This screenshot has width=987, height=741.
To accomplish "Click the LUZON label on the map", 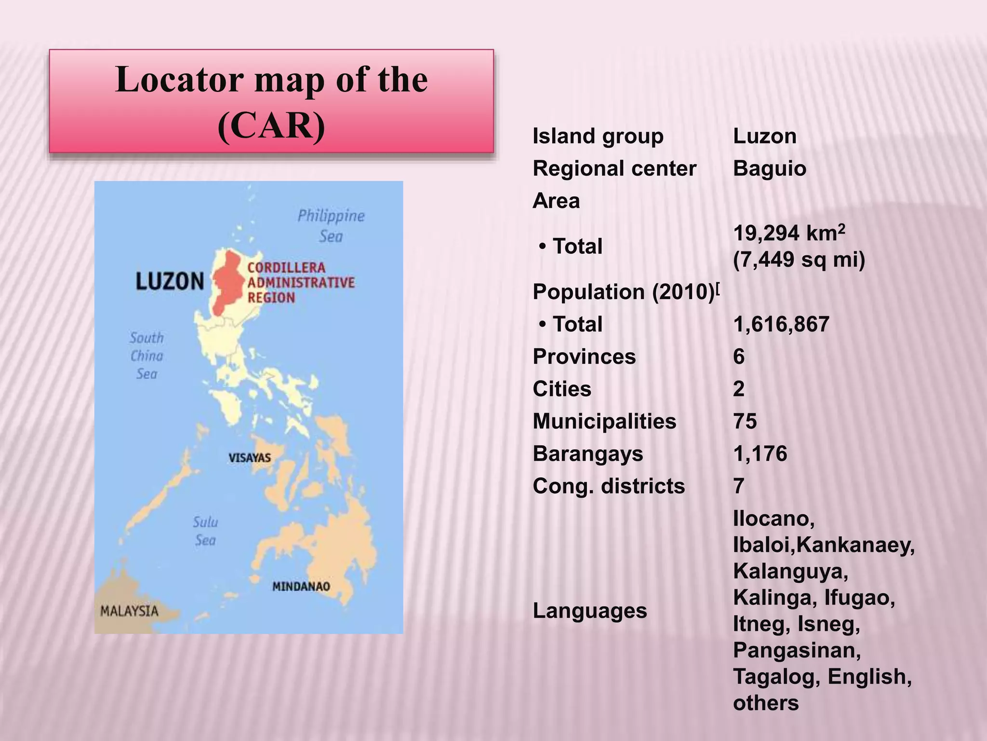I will (x=170, y=281).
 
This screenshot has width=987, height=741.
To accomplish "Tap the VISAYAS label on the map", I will (x=250, y=458).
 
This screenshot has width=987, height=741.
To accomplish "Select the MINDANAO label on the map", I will (x=301, y=587).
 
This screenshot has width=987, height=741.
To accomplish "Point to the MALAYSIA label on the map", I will (x=129, y=611).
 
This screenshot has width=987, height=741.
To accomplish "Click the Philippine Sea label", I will (x=331, y=226).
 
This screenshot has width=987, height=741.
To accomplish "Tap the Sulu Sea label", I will (x=205, y=531).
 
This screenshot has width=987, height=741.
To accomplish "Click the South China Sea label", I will (x=147, y=356).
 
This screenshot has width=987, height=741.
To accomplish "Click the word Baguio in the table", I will (x=769, y=169).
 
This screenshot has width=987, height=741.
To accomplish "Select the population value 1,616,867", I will (x=781, y=324).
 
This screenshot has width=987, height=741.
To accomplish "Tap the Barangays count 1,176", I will (x=760, y=454).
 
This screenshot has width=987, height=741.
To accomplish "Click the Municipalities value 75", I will (x=745, y=421).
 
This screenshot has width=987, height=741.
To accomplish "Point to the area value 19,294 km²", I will (x=789, y=233).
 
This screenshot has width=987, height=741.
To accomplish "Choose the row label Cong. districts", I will (x=609, y=486).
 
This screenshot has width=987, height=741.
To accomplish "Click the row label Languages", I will (x=589, y=611).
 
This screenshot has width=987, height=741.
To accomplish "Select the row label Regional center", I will (x=614, y=169).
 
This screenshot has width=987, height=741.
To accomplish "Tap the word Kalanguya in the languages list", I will (x=790, y=572).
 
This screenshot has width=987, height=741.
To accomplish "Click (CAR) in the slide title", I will (x=271, y=125).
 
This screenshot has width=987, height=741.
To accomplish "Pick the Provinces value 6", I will (x=739, y=357).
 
